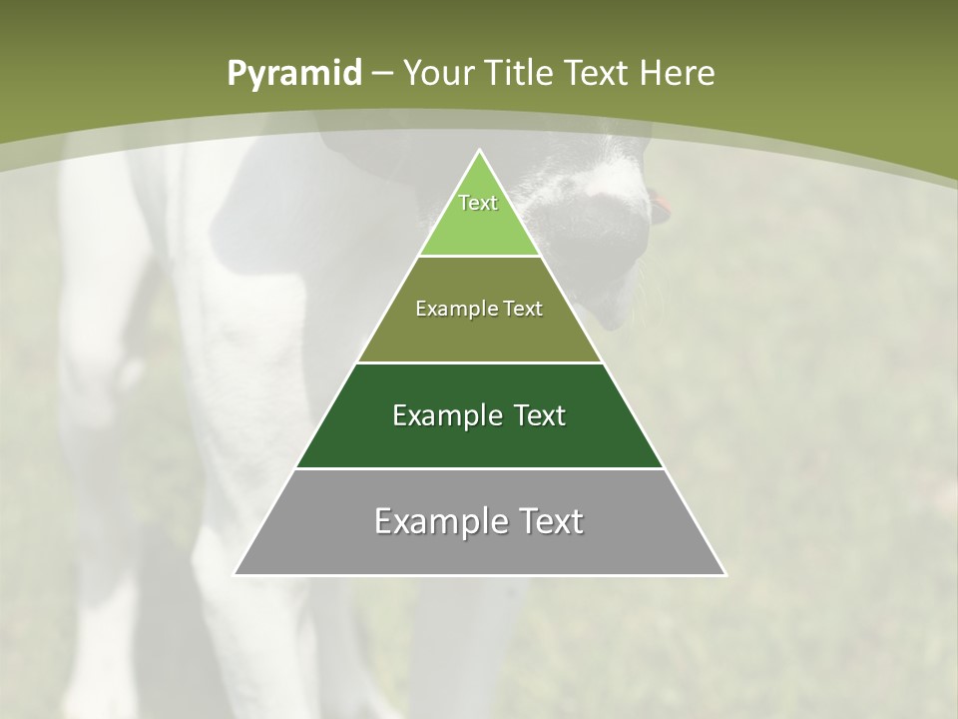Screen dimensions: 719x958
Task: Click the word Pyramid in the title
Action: click(x=293, y=74)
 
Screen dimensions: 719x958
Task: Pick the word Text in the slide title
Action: click(x=598, y=73)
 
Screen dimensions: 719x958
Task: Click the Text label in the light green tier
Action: click(x=478, y=203)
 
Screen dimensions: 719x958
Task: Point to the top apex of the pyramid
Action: click(x=480, y=152)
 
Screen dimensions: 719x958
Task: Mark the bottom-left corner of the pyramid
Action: click(x=236, y=574)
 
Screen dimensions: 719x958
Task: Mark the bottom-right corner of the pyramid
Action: click(x=724, y=574)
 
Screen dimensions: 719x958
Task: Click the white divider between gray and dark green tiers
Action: click(x=480, y=468)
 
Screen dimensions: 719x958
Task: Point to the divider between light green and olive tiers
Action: click(x=480, y=257)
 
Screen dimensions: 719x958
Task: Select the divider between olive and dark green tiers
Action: click(x=480, y=362)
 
